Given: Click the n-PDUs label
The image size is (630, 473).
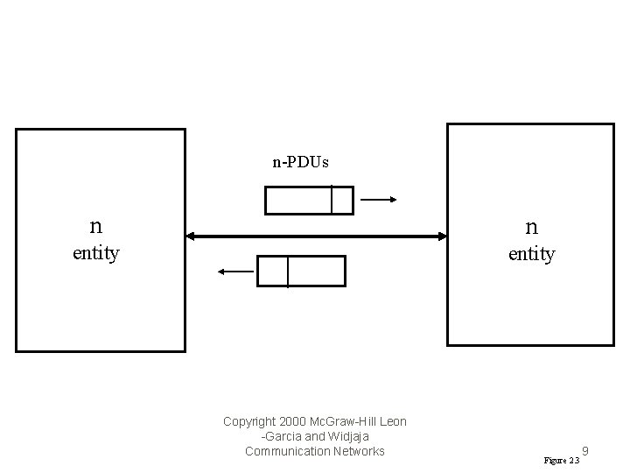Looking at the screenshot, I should tap(300, 162).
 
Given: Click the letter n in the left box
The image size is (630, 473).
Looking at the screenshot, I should tap(95, 226).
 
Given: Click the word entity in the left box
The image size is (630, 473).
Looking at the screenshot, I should tap(95, 253).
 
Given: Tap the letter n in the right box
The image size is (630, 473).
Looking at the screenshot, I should tap(531, 227).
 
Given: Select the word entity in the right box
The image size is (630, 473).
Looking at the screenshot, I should tap(531, 254).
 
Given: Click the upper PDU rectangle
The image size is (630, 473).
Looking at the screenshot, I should tap(309, 201).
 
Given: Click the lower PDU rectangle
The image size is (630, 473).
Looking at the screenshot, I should tap(301, 272).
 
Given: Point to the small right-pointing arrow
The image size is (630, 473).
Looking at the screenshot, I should tap(379, 200).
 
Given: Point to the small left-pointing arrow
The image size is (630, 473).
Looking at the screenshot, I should tap(234, 272).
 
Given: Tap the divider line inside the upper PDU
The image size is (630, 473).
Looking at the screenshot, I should tap(332, 201).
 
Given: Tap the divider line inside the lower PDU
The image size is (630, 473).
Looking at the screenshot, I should tap(288, 272).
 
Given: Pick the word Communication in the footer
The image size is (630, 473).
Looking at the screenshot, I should tap(284, 451).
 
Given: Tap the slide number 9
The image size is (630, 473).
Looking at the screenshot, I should tap(584, 452).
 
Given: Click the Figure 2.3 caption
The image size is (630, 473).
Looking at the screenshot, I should tap(561, 460).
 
